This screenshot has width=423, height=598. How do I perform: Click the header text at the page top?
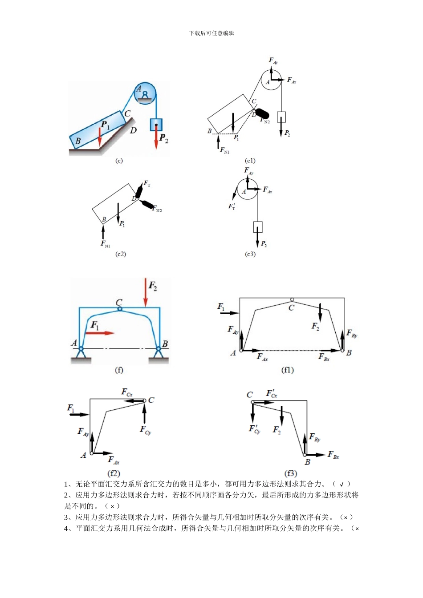(211, 33)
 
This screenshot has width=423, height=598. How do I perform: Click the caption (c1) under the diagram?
(250, 161)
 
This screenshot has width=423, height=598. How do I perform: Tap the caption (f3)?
(291, 473)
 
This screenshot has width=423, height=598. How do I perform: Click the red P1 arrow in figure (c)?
(100, 137)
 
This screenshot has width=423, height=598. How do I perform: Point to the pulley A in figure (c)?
(145, 93)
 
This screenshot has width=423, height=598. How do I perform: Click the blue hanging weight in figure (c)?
(156, 124)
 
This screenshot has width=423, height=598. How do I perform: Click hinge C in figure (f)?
(119, 309)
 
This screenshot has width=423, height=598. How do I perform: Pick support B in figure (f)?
(158, 352)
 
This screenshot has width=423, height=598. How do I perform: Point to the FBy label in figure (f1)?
(351, 334)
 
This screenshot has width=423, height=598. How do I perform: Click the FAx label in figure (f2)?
(113, 460)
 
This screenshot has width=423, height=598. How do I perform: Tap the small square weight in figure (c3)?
(258, 227)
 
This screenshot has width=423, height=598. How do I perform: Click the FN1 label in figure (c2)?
(106, 244)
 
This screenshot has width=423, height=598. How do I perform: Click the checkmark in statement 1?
(342, 484)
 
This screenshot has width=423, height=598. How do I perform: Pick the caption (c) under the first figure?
(119, 161)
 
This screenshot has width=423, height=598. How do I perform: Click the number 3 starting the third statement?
(66, 517)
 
